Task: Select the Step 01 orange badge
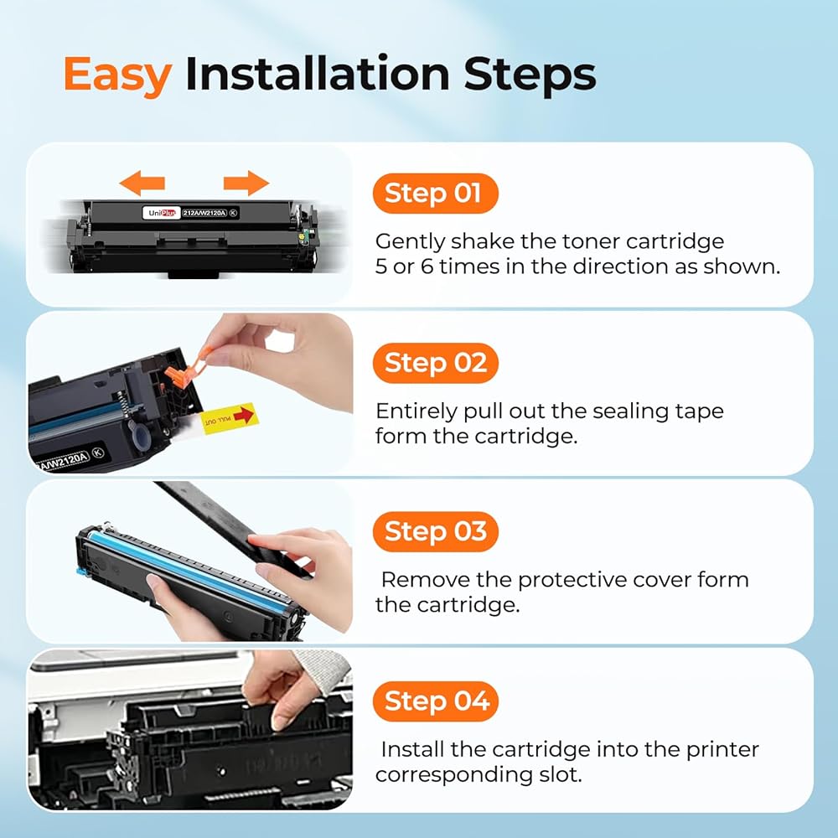(x=435, y=194)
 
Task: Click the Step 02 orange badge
(x=435, y=363)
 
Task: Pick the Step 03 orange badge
(x=435, y=532)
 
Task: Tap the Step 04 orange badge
(x=435, y=701)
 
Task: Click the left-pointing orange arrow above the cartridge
(x=142, y=184)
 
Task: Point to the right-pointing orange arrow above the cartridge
(x=246, y=184)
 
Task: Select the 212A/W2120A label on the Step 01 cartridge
(x=205, y=213)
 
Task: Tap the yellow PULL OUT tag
(x=230, y=418)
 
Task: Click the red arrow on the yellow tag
(x=244, y=415)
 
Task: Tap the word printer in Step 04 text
(x=722, y=750)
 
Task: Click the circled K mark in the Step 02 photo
(x=98, y=453)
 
